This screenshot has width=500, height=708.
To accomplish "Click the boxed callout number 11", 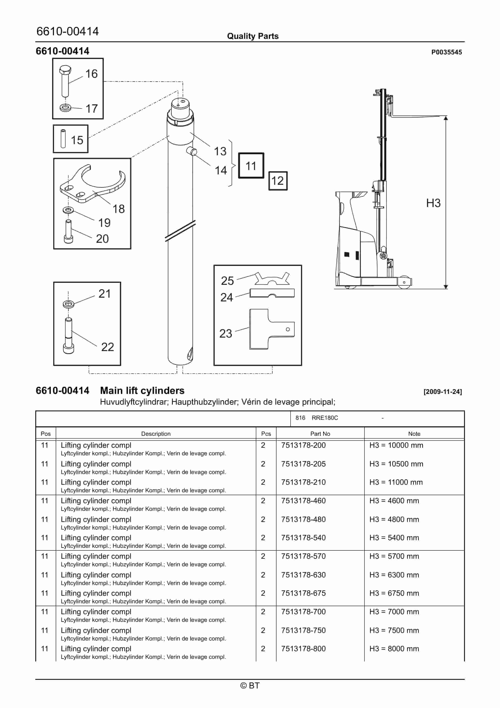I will coord(251,166).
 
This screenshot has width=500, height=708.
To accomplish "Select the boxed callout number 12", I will coord(278,181).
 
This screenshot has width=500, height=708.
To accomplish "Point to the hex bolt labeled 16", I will coord(65,81).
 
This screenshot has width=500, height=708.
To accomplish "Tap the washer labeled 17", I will coord(65,108).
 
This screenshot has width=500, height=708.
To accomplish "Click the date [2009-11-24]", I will coord(442,392).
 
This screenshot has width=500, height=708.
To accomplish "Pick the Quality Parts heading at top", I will coord(253,36).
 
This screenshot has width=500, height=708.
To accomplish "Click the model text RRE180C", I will coord(325,418).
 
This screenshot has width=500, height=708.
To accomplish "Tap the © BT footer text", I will coord(250,686).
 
